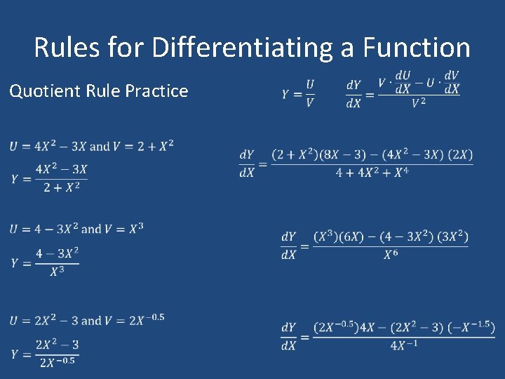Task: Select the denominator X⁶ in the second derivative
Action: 391,255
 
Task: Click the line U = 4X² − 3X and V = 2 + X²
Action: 92,146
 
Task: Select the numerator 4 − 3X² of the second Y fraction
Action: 58,253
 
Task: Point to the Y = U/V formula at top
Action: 299,93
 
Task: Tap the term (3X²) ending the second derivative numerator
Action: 453,237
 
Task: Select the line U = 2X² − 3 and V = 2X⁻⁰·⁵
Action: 88,320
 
